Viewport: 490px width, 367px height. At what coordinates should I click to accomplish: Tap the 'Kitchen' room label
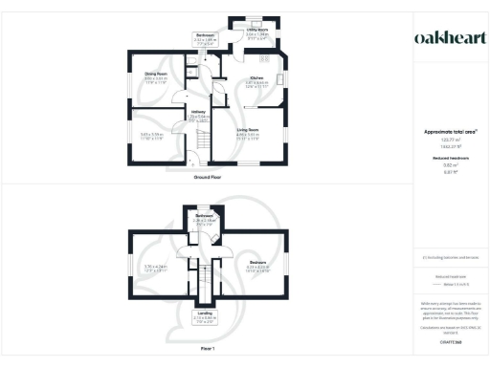click(256, 78)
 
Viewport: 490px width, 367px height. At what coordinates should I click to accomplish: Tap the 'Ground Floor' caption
click(208, 178)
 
